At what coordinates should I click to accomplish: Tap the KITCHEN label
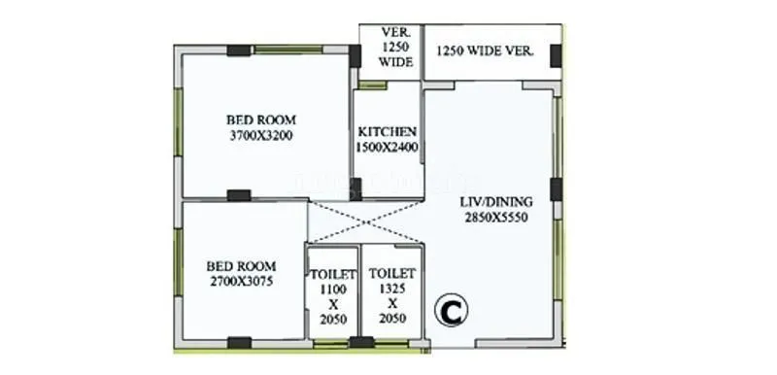(x=388, y=131)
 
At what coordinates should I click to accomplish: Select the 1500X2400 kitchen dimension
(x=388, y=147)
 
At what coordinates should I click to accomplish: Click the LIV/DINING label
(x=494, y=203)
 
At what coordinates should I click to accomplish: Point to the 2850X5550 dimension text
(x=494, y=219)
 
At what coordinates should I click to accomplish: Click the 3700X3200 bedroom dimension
(x=261, y=137)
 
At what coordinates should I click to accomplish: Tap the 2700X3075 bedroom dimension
(x=242, y=281)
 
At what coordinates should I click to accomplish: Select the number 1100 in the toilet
(x=332, y=289)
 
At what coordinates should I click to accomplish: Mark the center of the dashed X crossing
(x=366, y=222)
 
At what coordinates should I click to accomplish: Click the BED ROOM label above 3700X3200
(x=261, y=121)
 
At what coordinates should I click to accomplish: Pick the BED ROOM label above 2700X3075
(x=242, y=265)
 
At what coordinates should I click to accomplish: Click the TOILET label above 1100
(x=332, y=274)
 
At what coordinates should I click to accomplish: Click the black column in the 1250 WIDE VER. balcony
(x=556, y=55)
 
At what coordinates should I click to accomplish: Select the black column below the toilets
(x=361, y=342)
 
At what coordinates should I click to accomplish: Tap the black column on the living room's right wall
(x=556, y=188)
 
